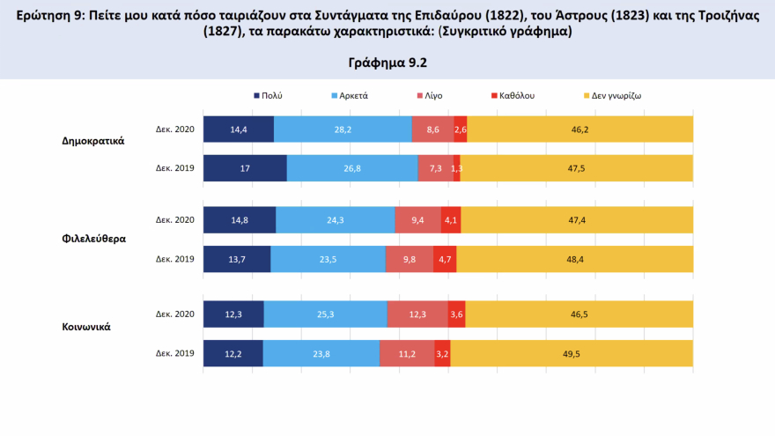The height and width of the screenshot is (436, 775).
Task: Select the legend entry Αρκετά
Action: [352, 94]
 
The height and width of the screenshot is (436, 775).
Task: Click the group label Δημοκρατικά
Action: [93, 141]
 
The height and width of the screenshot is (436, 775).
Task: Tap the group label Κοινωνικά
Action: [85, 327]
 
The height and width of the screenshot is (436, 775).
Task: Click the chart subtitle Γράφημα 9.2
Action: [387, 63]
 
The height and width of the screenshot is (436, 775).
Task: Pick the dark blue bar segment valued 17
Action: [245, 168]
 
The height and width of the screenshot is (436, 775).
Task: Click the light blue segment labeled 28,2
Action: [343, 129]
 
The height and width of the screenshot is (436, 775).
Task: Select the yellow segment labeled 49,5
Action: [572, 352]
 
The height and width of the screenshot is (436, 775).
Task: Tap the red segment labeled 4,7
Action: [445, 259]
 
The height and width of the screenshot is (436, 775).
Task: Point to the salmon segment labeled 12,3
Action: [417, 314]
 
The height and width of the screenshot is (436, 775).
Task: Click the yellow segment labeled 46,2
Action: [579, 129]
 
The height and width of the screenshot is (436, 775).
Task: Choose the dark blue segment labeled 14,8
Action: [240, 220]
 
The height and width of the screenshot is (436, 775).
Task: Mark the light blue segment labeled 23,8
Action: [321, 352]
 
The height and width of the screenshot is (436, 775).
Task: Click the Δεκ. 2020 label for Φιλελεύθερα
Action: [174, 220]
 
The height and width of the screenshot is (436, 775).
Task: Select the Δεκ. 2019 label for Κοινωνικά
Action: [174, 352]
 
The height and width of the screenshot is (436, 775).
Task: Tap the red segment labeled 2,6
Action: [461, 129]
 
